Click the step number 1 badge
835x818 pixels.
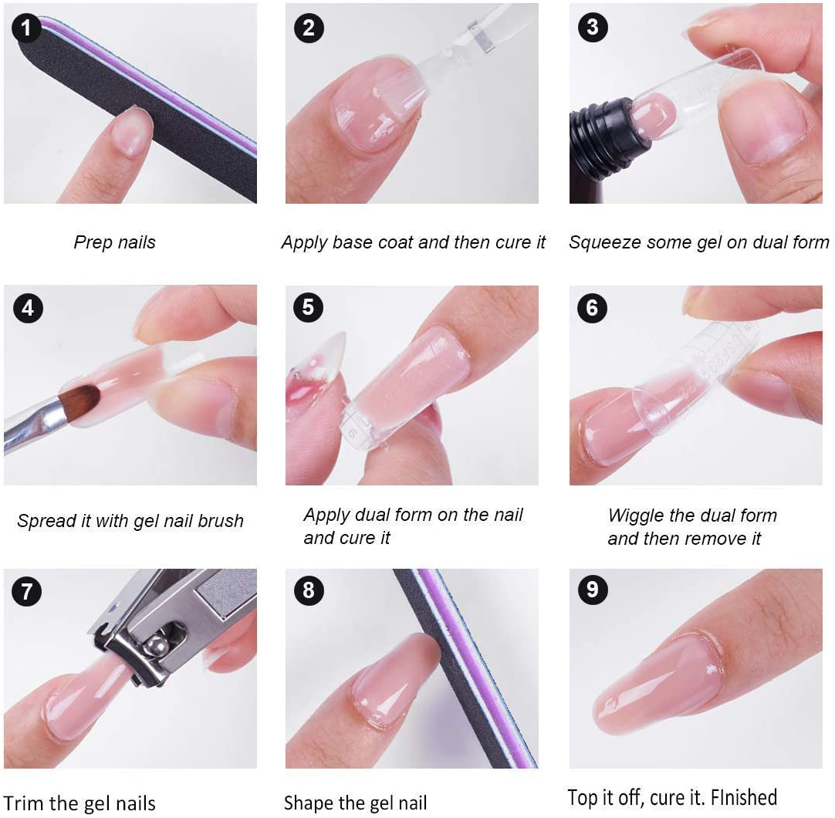tap(26, 28)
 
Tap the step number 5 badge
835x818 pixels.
tap(309, 307)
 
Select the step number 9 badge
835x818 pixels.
tap(593, 590)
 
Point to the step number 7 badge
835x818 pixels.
tap(26, 591)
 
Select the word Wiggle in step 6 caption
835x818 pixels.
tap(636, 515)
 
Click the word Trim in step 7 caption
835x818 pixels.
tap(22, 803)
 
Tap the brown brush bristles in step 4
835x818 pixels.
tap(79, 401)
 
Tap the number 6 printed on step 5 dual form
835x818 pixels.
tap(352, 432)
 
